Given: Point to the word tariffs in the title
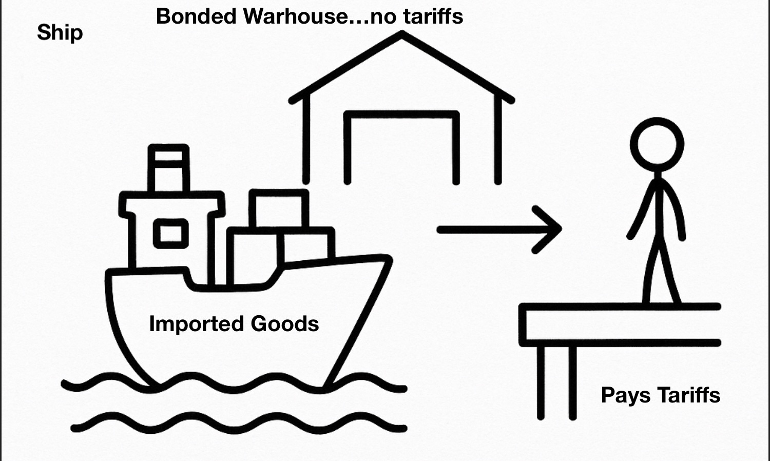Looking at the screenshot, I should click(433, 16).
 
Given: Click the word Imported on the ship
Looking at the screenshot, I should click(196, 324).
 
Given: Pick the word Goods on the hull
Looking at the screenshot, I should click(284, 324).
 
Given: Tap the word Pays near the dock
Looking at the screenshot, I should click(625, 396).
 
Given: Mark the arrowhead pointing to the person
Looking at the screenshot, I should click(552, 229).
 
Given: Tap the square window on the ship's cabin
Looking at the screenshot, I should click(170, 234).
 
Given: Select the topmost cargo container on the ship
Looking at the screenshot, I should click(279, 208).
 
